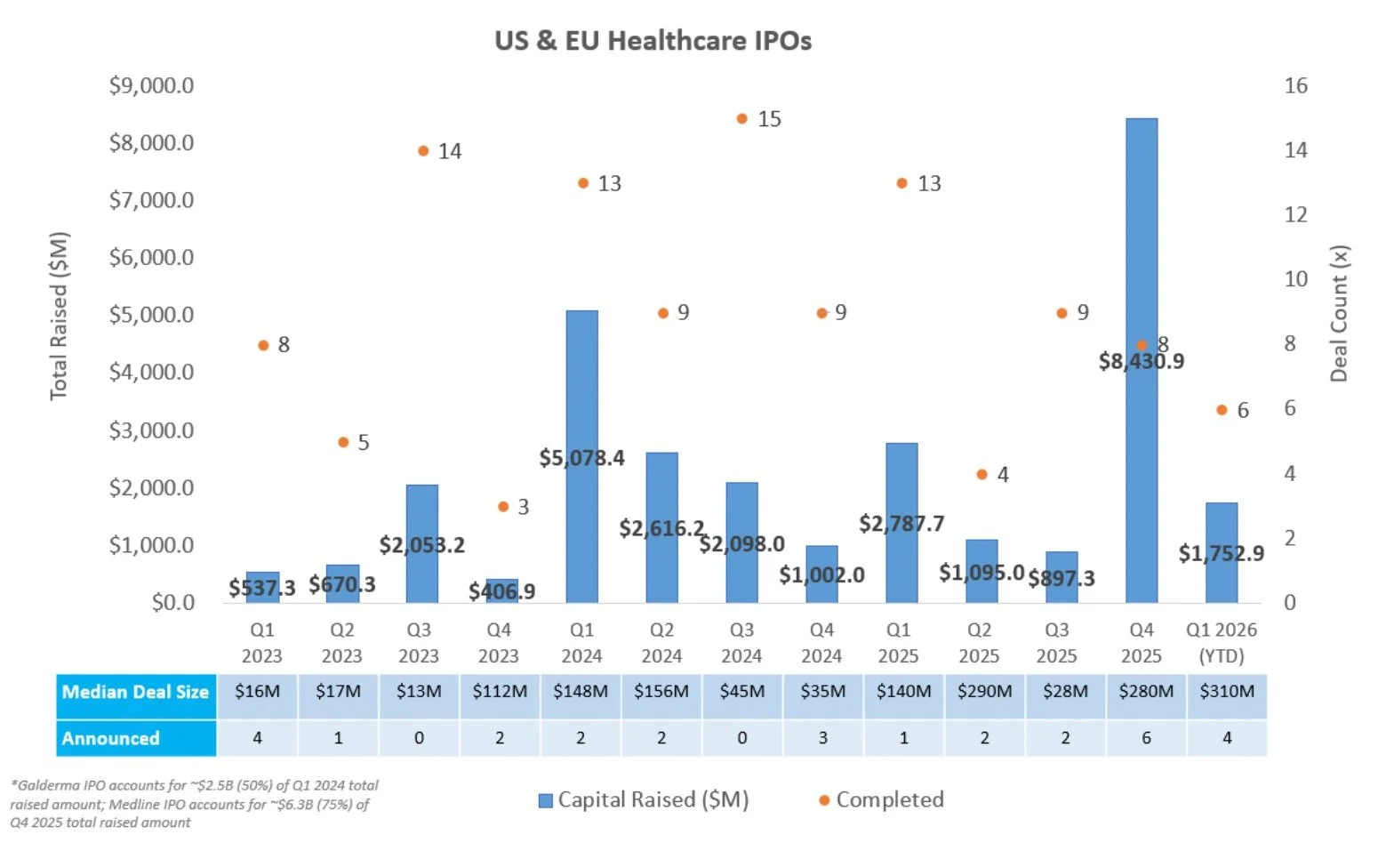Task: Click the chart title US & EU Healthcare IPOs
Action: point(653,41)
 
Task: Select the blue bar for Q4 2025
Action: point(1142,231)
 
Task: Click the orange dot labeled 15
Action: point(742,118)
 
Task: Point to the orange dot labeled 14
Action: point(423,151)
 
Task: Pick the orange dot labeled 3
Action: point(503,507)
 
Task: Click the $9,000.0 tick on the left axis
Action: point(151,85)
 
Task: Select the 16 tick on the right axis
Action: point(1295,85)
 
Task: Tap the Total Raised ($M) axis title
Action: point(59,316)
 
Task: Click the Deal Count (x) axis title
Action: point(1339,313)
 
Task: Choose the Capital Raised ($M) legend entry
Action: point(644,799)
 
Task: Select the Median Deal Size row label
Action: point(135,692)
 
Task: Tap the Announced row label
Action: point(110,738)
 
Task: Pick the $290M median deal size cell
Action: point(984,691)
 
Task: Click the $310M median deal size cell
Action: point(1227,691)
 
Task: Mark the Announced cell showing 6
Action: point(1146,738)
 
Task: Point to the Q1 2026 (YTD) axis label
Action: point(1222,643)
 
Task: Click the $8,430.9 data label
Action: point(1142,361)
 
